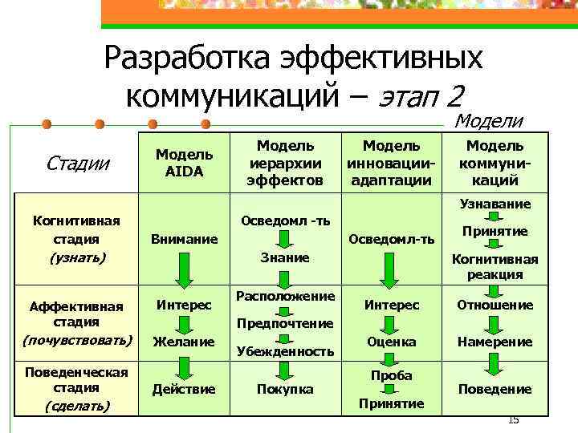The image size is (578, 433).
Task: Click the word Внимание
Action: [x=184, y=239]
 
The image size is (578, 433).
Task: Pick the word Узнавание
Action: [x=495, y=205]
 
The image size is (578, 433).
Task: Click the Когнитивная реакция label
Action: [x=495, y=266]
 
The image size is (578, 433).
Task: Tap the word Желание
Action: [x=184, y=342]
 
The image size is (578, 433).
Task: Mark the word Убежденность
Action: [x=284, y=351]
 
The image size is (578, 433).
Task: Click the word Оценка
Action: [x=391, y=342]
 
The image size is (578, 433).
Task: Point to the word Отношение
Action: [x=495, y=305]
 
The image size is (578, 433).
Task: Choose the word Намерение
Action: [x=495, y=342]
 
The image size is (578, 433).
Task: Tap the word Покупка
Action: [x=284, y=389]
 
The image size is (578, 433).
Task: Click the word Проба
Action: [x=391, y=375]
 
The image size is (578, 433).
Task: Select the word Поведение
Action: [x=495, y=389]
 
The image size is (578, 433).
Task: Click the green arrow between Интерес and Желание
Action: [x=184, y=324]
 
